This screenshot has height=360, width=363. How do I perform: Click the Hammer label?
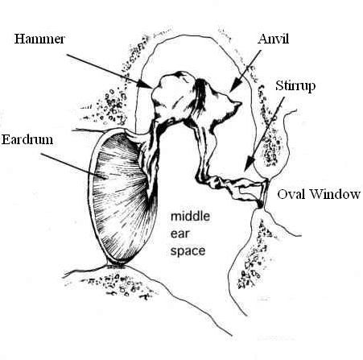coord(39,39)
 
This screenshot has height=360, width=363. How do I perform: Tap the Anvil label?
coord(273,39)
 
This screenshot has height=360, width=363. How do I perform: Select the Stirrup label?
coord(295,86)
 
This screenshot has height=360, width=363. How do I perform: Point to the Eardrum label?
coord(27,139)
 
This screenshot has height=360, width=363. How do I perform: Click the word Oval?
coord(292,194)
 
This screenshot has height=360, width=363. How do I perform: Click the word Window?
coord(335,194)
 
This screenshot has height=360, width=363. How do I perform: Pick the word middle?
coord(190,216)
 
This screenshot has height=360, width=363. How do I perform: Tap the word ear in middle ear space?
coord(179,234)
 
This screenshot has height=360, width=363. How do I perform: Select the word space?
coord(188,251)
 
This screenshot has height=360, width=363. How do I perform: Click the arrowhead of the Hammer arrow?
coord(147,85)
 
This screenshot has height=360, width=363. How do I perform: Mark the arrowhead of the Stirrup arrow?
coord(250,163)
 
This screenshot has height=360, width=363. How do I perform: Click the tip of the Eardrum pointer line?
coord(107,177)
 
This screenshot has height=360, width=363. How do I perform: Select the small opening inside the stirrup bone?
coord(249,191)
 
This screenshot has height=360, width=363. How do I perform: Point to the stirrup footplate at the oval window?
coord(265,194)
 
